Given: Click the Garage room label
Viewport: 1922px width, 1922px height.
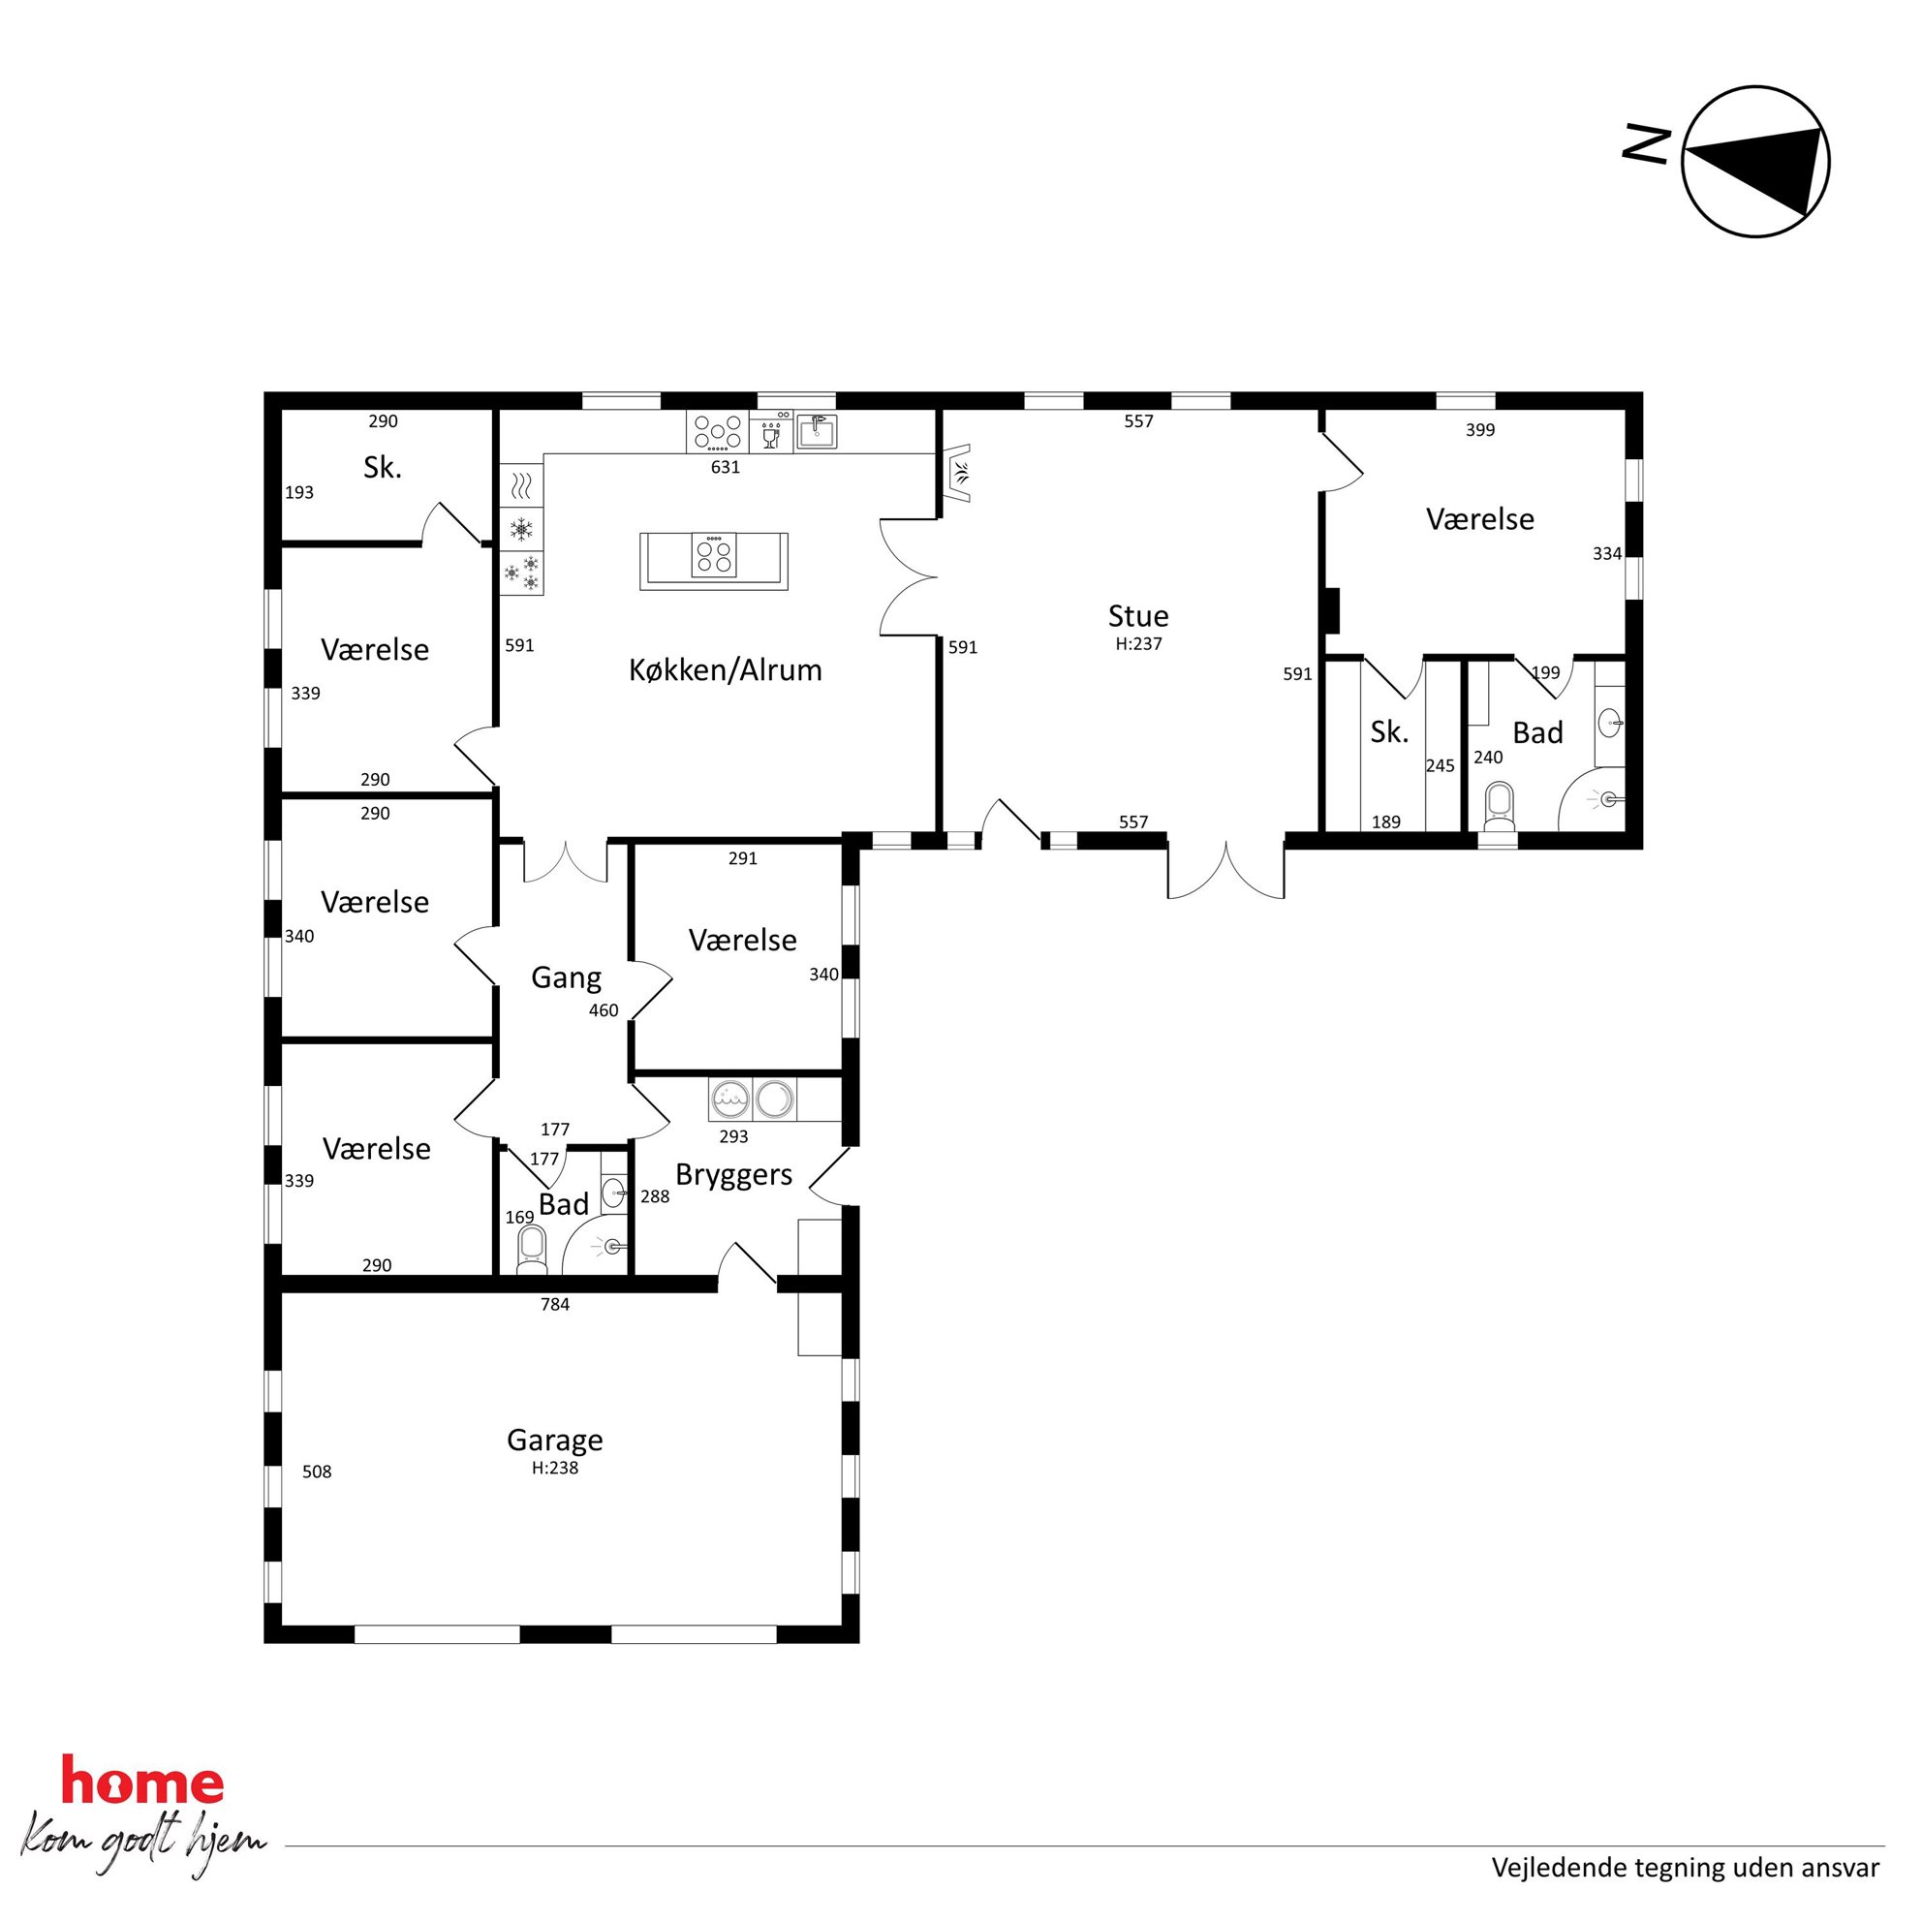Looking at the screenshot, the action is (x=555, y=1440).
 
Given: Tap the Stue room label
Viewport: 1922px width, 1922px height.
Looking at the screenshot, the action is (x=1138, y=615).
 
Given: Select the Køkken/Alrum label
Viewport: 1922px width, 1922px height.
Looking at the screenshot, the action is (x=726, y=669).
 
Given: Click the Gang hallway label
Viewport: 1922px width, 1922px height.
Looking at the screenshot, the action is (x=566, y=976).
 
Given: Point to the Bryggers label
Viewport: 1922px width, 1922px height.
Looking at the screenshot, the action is (x=734, y=1175).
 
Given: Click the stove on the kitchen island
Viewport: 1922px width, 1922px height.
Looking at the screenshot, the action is (x=714, y=555).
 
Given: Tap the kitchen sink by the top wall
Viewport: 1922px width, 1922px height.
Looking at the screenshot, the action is (x=817, y=432).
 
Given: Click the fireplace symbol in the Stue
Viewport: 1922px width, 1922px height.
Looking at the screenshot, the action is (x=959, y=475).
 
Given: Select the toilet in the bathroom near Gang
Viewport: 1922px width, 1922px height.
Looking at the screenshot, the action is (x=532, y=1249).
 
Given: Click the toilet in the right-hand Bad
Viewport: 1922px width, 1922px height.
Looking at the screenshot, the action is (x=1499, y=807).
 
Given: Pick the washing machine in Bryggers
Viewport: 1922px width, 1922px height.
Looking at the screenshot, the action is (x=732, y=1100).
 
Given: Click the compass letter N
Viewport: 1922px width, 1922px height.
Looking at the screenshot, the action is (x=1646, y=143).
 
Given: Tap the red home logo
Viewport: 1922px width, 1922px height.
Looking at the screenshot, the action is (x=142, y=1782).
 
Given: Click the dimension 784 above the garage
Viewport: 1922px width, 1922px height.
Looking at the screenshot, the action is (x=555, y=1304).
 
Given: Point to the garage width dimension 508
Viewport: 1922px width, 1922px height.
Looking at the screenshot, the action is (x=318, y=1472).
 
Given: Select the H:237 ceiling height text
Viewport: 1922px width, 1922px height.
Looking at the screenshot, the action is (x=1138, y=643).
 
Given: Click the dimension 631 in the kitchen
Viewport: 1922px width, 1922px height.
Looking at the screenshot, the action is (x=726, y=467).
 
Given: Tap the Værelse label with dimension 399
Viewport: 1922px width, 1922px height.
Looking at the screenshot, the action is (x=1480, y=518).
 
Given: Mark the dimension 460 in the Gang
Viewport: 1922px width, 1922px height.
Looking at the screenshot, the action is (x=604, y=1010).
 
